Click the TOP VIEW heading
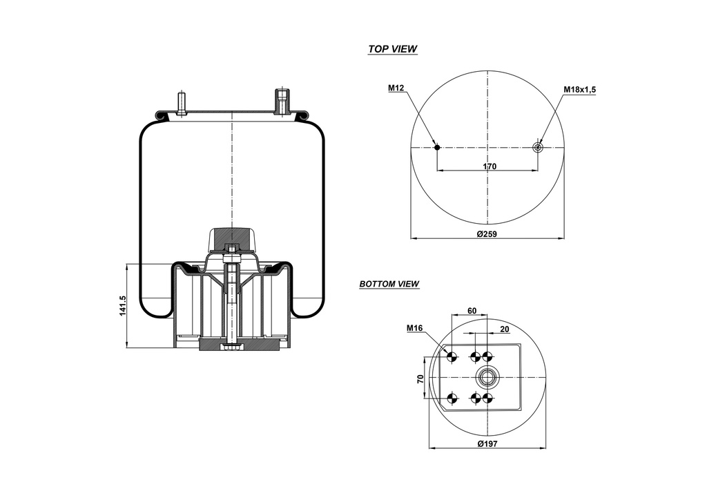(x=392, y=49)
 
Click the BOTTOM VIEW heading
(x=389, y=284)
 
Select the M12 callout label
(x=396, y=88)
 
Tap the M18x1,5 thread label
(x=579, y=89)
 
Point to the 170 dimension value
(x=489, y=166)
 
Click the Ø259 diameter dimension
(x=487, y=234)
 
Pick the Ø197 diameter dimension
(x=488, y=443)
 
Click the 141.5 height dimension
(x=123, y=306)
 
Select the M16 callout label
(x=414, y=328)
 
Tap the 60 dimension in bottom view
(x=472, y=311)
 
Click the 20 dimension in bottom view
(x=504, y=329)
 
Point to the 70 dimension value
(x=419, y=378)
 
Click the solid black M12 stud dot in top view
(x=437, y=147)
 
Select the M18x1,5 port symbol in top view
(x=539, y=147)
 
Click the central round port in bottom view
(x=487, y=377)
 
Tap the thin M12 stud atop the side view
(x=182, y=102)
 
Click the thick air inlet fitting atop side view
(x=282, y=102)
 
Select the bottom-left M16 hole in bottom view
(x=452, y=398)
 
